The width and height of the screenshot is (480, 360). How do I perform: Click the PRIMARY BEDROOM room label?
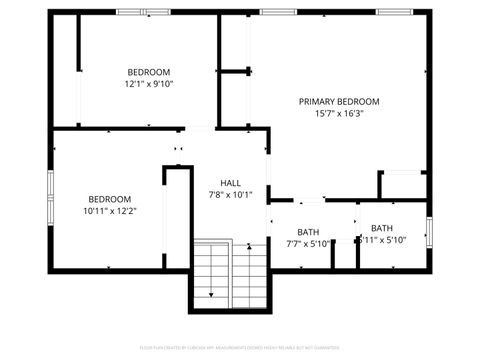[339, 101]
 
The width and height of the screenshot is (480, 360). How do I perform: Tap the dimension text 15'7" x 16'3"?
[339, 114]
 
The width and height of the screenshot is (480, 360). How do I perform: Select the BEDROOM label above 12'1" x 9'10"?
[149, 72]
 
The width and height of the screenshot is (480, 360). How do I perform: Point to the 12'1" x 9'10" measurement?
[149, 84]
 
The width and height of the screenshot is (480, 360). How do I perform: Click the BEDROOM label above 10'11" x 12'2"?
[109, 198]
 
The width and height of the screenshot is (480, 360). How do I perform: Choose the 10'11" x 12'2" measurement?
[109, 211]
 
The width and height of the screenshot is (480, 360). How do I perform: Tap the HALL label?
[230, 183]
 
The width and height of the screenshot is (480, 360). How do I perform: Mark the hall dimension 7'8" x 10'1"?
[230, 195]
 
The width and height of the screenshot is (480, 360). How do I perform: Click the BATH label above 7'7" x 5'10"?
[308, 232]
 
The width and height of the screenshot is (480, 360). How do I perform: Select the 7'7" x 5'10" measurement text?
[308, 244]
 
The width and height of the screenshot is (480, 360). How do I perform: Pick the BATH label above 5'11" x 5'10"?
[382, 228]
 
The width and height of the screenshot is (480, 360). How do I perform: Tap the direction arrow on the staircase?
[212, 293]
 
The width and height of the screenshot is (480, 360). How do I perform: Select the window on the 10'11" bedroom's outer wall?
[51, 191]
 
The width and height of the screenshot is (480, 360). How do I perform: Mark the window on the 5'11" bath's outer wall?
[429, 231]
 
